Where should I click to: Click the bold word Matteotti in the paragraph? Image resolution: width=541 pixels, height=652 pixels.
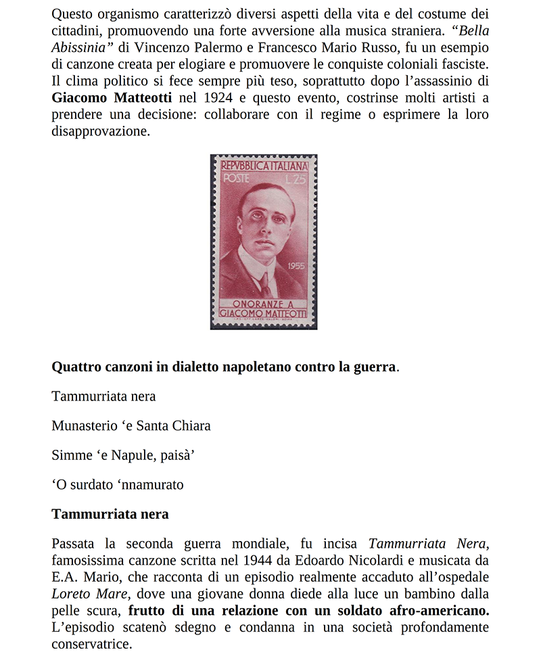pos(135,99)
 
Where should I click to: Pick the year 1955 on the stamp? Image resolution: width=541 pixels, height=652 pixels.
pos(296,266)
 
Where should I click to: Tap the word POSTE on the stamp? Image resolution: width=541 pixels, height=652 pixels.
pos(236,179)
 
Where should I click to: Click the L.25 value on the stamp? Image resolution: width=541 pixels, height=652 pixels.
pos(296,179)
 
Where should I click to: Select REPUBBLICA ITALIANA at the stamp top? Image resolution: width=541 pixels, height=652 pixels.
pos(264,166)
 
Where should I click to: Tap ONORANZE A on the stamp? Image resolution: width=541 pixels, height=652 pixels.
pos(263,304)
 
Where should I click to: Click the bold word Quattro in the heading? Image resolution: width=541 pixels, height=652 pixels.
pos(76,367)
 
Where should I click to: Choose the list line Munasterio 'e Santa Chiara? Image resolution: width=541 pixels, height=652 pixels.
pos(131,425)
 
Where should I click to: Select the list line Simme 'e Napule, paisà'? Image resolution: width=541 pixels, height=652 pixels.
pos(123,455)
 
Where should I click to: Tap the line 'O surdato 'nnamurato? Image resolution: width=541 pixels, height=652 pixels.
pos(118,484)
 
